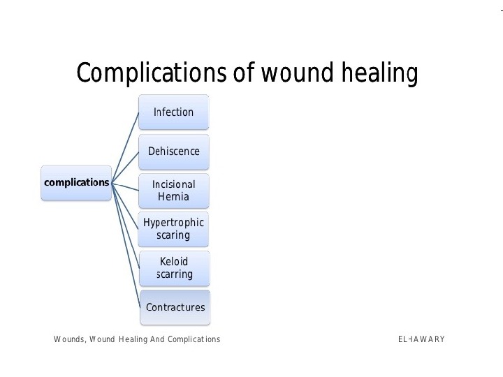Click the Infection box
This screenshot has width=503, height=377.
point(173,112)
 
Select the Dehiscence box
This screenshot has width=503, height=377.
point(174,151)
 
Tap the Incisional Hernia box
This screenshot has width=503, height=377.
point(174,191)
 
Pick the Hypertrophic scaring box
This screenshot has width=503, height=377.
point(173,229)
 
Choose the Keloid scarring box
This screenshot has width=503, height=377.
point(174,268)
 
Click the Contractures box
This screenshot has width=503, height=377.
point(175,307)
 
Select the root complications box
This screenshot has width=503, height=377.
point(76,183)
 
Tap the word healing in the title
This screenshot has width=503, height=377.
point(380,73)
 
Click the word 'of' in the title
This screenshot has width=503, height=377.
point(243,73)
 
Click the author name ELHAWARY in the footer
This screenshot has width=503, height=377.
point(421,339)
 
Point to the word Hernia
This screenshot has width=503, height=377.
point(173,197)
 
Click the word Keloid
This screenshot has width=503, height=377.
point(174,262)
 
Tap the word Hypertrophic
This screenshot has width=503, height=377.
point(173,223)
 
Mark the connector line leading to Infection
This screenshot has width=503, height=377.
point(126,146)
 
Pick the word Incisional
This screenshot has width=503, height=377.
point(174,184)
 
